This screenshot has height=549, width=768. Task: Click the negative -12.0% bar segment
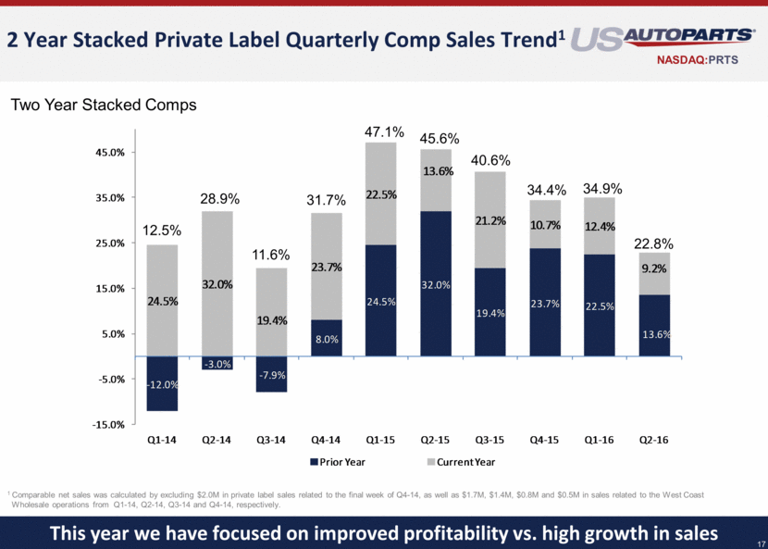tap(162, 383)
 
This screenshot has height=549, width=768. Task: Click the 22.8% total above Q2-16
tap(654, 243)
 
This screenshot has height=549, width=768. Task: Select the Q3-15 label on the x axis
tap(489, 441)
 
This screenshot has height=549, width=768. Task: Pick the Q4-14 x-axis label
tap(326, 441)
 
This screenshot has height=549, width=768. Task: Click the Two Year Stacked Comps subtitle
tap(104, 106)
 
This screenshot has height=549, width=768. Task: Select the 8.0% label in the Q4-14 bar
tap(326, 339)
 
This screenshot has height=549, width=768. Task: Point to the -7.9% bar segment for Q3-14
tap(271, 374)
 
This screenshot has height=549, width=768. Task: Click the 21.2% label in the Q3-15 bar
tap(489, 220)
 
